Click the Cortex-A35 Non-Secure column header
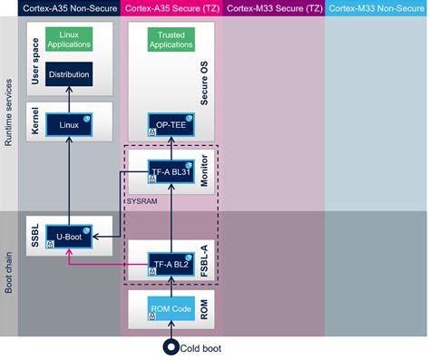tap(66, 8)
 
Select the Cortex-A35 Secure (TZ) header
tap(170, 8)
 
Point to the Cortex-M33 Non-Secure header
tap(376, 8)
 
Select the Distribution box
tap(68, 73)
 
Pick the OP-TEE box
tap(171, 125)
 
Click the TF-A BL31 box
tap(171, 170)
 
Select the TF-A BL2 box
tap(171, 266)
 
